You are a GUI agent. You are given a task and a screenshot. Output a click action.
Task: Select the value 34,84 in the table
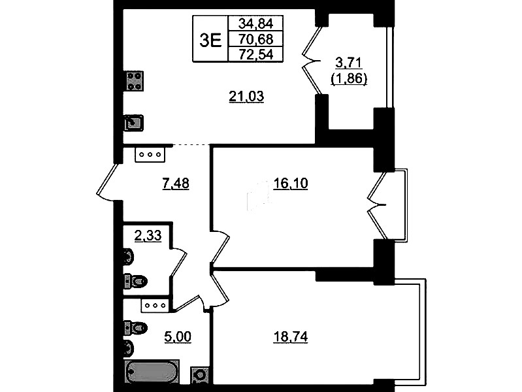click(255, 24)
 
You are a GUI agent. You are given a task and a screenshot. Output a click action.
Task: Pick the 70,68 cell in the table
click(255, 39)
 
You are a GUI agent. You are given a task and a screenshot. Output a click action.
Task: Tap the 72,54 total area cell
click(255, 54)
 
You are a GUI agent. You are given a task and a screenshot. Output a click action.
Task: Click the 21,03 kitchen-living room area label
click(246, 96)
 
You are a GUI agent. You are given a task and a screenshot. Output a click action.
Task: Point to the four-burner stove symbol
click(135, 81)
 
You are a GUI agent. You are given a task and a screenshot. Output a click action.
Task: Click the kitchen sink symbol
click(134, 123)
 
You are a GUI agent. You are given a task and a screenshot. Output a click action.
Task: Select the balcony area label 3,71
click(349, 63)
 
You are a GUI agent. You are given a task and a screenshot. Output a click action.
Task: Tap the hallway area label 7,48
click(176, 184)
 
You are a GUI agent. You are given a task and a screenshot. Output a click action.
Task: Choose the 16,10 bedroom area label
click(290, 184)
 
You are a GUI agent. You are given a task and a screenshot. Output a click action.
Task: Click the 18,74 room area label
click(290, 337)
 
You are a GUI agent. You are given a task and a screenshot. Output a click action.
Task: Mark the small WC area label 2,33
click(148, 236)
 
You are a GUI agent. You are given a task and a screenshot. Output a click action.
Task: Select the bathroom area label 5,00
click(178, 337)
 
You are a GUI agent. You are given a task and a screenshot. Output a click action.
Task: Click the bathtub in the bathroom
click(152, 372)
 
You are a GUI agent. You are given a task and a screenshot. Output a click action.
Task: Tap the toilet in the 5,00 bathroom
click(135, 328)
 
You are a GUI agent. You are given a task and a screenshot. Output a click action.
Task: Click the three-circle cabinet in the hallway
click(150, 155)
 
